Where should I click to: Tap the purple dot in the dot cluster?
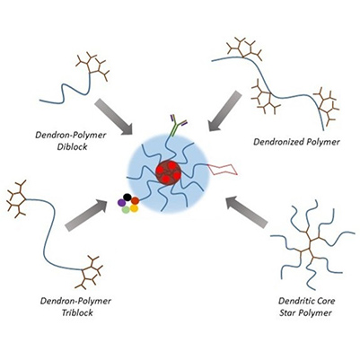click(121, 204)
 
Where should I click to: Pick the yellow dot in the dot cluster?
click(134, 210)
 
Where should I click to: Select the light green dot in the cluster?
click(124, 211)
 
